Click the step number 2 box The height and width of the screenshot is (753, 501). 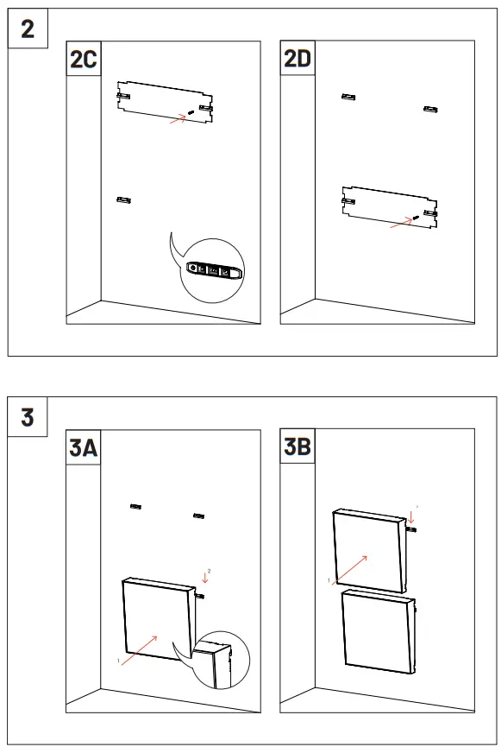click(x=28, y=28)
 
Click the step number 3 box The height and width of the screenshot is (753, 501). click(x=28, y=417)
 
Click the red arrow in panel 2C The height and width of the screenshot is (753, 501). click(x=178, y=120)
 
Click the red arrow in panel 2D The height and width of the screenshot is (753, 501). click(x=400, y=222)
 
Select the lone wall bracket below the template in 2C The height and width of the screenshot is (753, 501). click(x=123, y=200)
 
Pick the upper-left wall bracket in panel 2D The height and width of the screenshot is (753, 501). click(x=348, y=97)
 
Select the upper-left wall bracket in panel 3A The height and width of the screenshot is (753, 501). click(x=135, y=505)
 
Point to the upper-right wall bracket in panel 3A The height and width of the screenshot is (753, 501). click(x=198, y=516)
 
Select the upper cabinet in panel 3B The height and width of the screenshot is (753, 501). click(x=369, y=551)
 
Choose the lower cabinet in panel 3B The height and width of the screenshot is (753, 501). click(x=378, y=630)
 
